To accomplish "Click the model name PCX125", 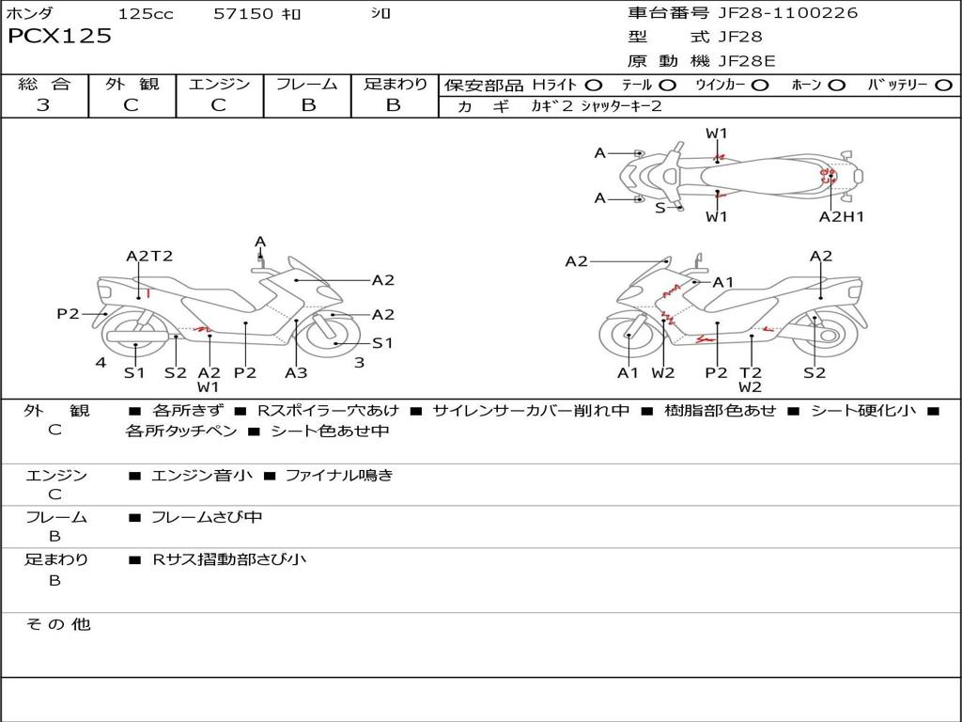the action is [59, 37].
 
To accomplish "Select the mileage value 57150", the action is [243, 13].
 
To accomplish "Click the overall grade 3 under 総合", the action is [43, 105].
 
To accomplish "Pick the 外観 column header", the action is [132, 85].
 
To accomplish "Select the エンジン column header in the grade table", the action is [219, 85].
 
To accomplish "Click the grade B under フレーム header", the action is [307, 105].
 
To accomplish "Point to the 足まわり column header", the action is [395, 85].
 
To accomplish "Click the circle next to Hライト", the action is [593, 86].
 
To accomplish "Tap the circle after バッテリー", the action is [943, 86].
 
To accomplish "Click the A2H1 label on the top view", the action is [841, 217].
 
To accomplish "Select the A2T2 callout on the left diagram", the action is [149, 256].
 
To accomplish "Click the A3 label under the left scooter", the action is [296, 372].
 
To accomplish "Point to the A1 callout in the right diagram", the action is [722, 282].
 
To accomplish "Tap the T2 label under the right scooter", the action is [750, 372].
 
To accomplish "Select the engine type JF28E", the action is [748, 61].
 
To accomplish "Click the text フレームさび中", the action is [207, 517].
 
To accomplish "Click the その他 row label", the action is [57, 624].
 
